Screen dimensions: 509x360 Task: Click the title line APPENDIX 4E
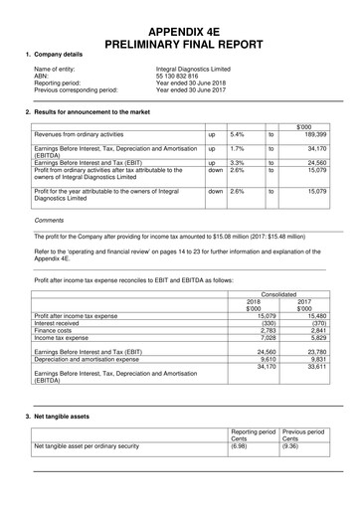179,30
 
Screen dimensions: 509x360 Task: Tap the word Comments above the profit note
49,220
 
